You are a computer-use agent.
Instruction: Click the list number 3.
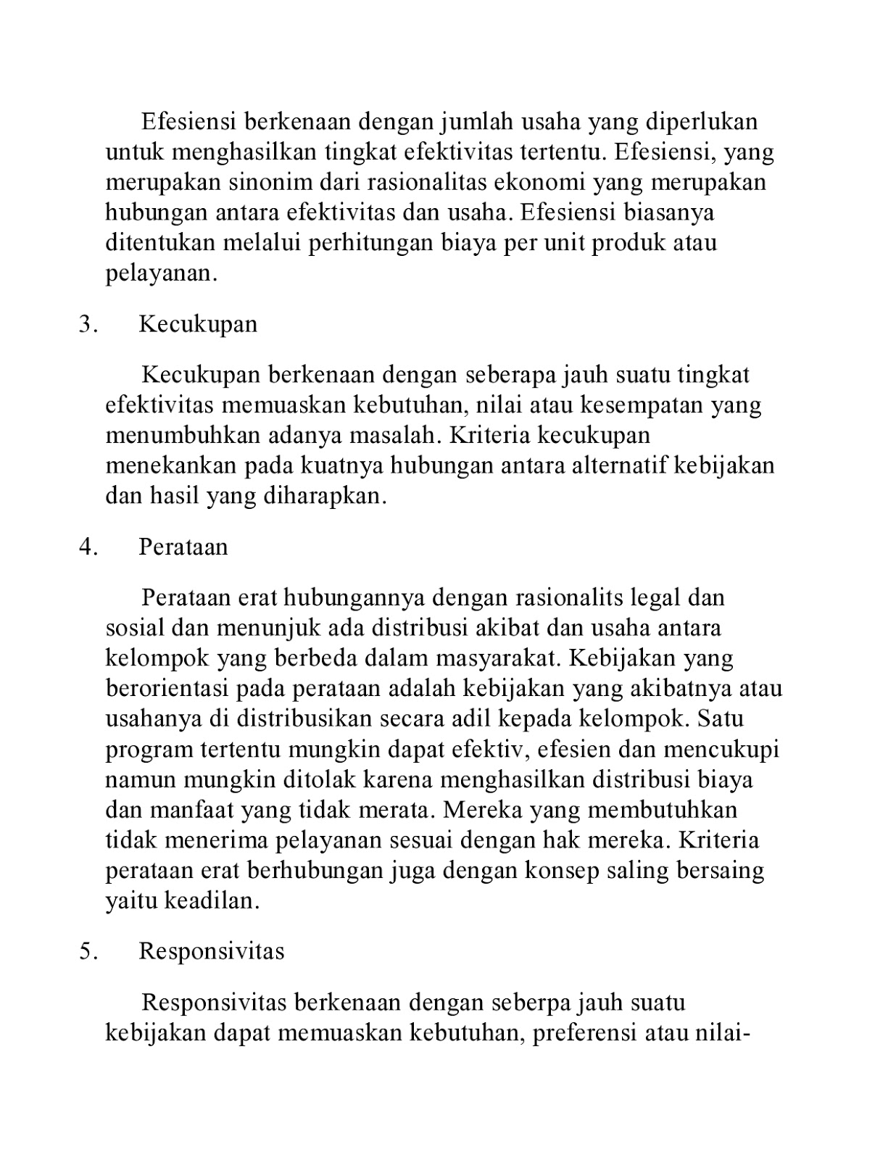86,324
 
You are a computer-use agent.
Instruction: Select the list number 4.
86,547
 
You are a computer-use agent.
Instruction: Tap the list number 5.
86,950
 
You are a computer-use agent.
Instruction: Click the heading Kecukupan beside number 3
198,324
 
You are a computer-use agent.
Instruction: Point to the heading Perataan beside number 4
183,547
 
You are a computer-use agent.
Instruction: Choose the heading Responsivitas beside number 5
212,950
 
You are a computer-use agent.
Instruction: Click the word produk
629,242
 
